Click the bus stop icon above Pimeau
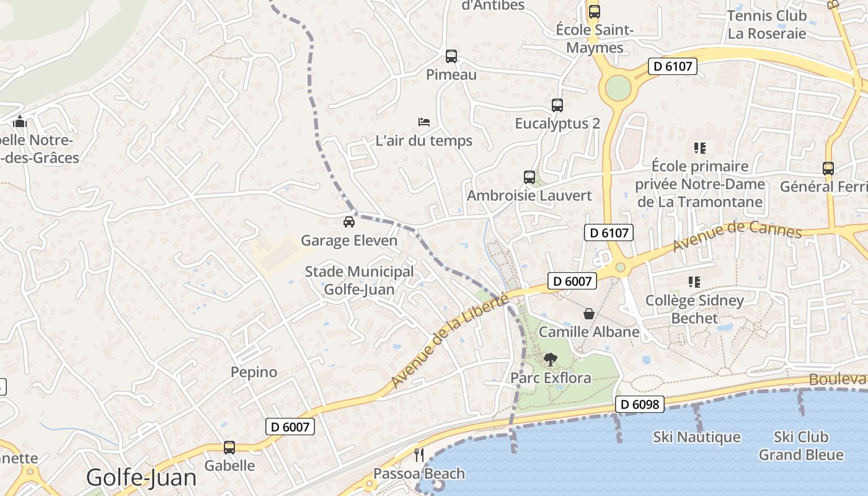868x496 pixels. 451,56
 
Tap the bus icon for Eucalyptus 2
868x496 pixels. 557,105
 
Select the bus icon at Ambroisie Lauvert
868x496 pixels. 529,177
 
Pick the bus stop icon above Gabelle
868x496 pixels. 229,447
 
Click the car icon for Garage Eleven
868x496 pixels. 349,221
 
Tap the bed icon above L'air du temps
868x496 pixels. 424,121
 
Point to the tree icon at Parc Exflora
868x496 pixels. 550,359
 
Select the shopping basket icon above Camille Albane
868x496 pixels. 589,314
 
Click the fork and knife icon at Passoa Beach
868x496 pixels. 419,455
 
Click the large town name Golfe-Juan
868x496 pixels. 141,477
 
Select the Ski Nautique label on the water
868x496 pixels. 696,437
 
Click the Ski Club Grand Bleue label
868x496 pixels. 801,446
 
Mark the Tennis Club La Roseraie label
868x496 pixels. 767,24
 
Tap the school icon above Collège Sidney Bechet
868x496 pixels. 694,282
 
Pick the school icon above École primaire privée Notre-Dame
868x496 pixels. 700,148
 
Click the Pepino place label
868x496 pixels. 254,372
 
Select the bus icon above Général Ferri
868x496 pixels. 828,168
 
